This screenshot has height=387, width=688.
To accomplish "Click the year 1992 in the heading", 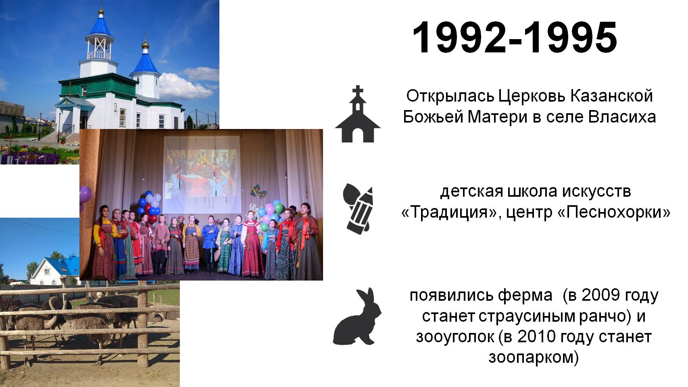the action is [x=459, y=37].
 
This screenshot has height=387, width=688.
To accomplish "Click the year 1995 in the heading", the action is [x=570, y=37].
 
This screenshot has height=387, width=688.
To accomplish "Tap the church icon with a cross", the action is [x=358, y=114].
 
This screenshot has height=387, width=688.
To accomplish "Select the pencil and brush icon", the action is [x=358, y=209].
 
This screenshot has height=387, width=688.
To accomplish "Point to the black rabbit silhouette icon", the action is [x=357, y=316].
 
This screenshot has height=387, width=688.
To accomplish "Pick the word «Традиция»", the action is [x=447, y=212].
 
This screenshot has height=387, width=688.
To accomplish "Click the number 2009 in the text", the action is [x=600, y=295].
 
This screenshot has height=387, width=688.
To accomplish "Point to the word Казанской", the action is [x=611, y=96].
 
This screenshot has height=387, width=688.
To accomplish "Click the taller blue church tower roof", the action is [x=100, y=25].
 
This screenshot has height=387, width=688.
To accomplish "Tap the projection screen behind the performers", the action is [x=202, y=175].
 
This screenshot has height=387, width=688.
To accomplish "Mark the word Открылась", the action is [x=450, y=97].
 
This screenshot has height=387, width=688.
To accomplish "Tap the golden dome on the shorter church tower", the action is [x=145, y=45].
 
